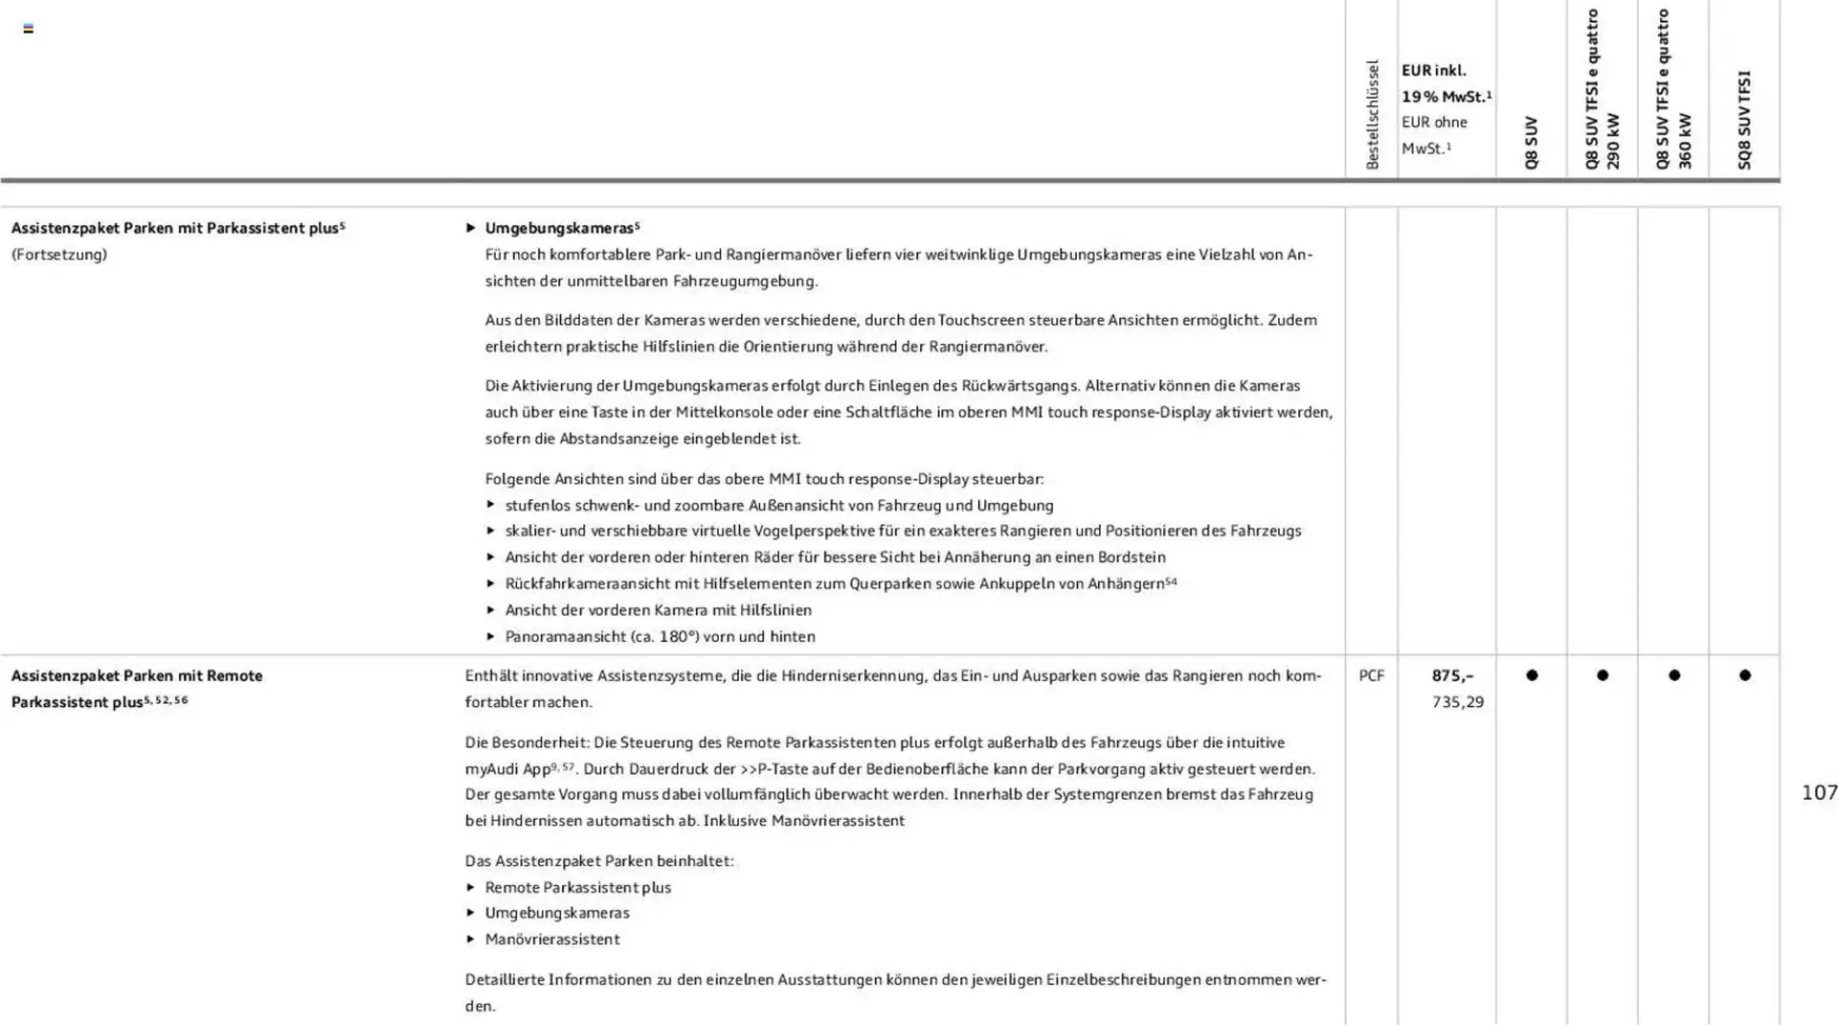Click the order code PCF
click(x=1371, y=675)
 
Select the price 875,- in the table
click(x=1452, y=675)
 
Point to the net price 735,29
click(x=1457, y=702)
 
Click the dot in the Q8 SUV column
click(x=1532, y=675)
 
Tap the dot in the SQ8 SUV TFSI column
click(x=1744, y=675)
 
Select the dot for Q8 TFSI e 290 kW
click(x=1603, y=675)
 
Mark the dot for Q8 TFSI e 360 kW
click(x=1673, y=675)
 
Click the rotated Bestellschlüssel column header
click(x=1372, y=115)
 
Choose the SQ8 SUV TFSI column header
click(x=1744, y=120)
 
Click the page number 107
click(x=1819, y=792)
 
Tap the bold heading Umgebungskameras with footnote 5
click(x=561, y=228)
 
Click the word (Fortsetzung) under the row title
click(x=59, y=255)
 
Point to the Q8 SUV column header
click(x=1531, y=143)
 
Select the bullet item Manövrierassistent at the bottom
click(x=552, y=940)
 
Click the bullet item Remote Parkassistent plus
click(x=578, y=888)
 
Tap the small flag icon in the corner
click(x=29, y=29)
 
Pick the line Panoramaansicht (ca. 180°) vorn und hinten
click(x=661, y=637)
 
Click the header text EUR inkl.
click(x=1433, y=71)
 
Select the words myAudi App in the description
click(x=507, y=769)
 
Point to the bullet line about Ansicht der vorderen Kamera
click(x=658, y=610)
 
